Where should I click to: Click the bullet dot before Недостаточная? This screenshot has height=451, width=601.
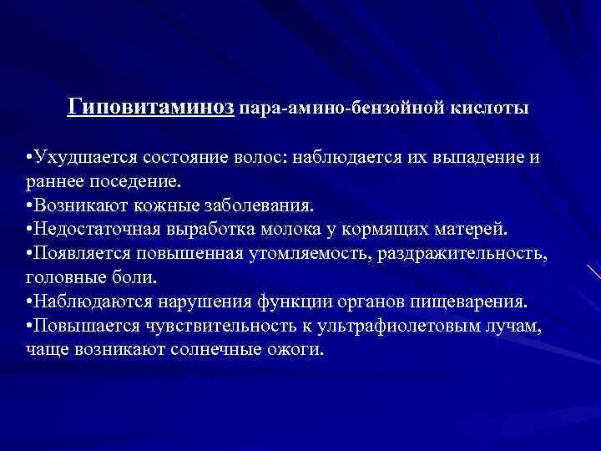[30, 230]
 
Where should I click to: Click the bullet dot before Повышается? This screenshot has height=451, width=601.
[30, 326]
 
